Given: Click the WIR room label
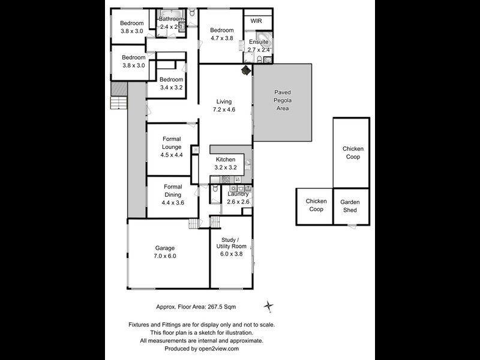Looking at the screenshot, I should [x=256, y=20].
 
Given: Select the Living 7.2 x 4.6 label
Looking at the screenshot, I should [x=224, y=106].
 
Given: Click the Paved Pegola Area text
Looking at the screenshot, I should [x=282, y=100].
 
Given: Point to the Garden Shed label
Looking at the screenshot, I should [x=349, y=206].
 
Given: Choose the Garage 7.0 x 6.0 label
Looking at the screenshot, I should [x=165, y=252].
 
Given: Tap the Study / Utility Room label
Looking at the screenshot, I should [x=230, y=246].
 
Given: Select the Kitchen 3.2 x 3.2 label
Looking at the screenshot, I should [x=230, y=163].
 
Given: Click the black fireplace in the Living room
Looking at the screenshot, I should [x=246, y=71].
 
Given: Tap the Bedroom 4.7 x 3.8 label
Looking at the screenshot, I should [x=221, y=34].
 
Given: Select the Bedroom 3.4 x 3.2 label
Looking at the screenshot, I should [x=171, y=83].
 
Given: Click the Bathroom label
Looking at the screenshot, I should [x=171, y=23].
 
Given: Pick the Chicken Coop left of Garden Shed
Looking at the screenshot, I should [x=316, y=205].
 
